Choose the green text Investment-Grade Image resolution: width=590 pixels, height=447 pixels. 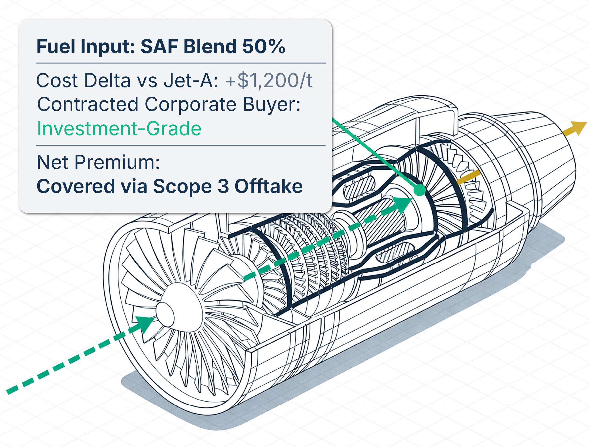click(x=119, y=128)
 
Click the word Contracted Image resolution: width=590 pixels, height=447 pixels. click(x=88, y=104)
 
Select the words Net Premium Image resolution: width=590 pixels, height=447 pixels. click(x=98, y=162)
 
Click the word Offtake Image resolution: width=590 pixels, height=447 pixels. click(x=268, y=186)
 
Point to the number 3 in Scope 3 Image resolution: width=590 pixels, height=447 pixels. click(x=223, y=187)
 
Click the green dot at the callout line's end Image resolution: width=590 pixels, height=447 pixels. click(x=419, y=190)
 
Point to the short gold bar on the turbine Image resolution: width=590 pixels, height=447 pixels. click(x=469, y=178)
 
